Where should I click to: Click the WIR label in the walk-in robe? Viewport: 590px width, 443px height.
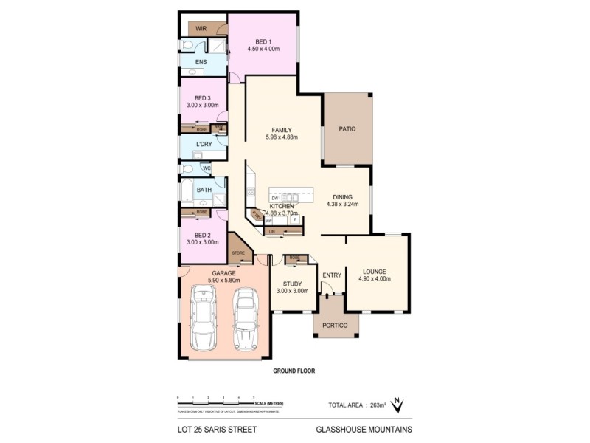pos(200,28)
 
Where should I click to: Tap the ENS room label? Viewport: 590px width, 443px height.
pos(201,62)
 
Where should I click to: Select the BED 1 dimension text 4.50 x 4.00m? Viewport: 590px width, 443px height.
pos(263,49)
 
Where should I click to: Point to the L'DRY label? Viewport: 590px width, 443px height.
pos(204,144)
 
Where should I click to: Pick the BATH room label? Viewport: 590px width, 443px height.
pos(204,190)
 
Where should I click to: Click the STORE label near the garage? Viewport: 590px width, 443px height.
pos(238,253)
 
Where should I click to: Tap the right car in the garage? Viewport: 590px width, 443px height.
pos(245,319)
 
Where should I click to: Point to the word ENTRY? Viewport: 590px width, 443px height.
pos(332,275)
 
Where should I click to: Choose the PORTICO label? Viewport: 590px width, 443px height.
pos(336,322)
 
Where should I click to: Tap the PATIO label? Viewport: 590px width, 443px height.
pos(347,129)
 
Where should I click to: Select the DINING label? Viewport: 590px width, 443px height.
pos(342,196)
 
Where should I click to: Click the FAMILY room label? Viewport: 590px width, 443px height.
pos(282,129)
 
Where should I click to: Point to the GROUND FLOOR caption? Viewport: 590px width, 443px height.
pos(294,371)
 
